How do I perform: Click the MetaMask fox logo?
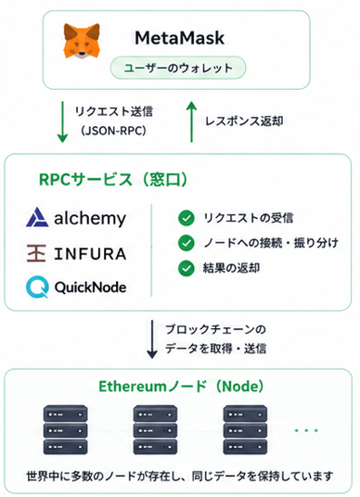pos(82,41)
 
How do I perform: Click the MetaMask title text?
pos(180,38)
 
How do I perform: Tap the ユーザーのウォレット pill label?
pos(178,68)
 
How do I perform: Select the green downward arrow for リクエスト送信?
pos(62,122)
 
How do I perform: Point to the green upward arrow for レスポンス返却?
pos(191,121)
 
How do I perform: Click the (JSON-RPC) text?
pos(113,130)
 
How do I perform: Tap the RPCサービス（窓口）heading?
pos(113,179)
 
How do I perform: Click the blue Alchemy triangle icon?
pos(37,217)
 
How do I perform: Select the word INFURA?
pos(90,254)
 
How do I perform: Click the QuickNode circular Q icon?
pos(37,287)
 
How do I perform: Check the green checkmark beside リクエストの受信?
pos(186,219)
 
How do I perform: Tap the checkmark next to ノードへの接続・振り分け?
pos(186,243)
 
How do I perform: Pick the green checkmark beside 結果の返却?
pos(186,268)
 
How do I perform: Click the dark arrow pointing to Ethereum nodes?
pos(152,339)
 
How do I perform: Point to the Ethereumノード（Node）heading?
pos(181,387)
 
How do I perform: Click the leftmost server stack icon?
pos(65,430)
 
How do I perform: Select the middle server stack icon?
pos(155,430)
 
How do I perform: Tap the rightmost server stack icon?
pos(245,430)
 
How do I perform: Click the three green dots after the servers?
pos(306,430)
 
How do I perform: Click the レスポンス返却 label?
pos(244,121)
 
